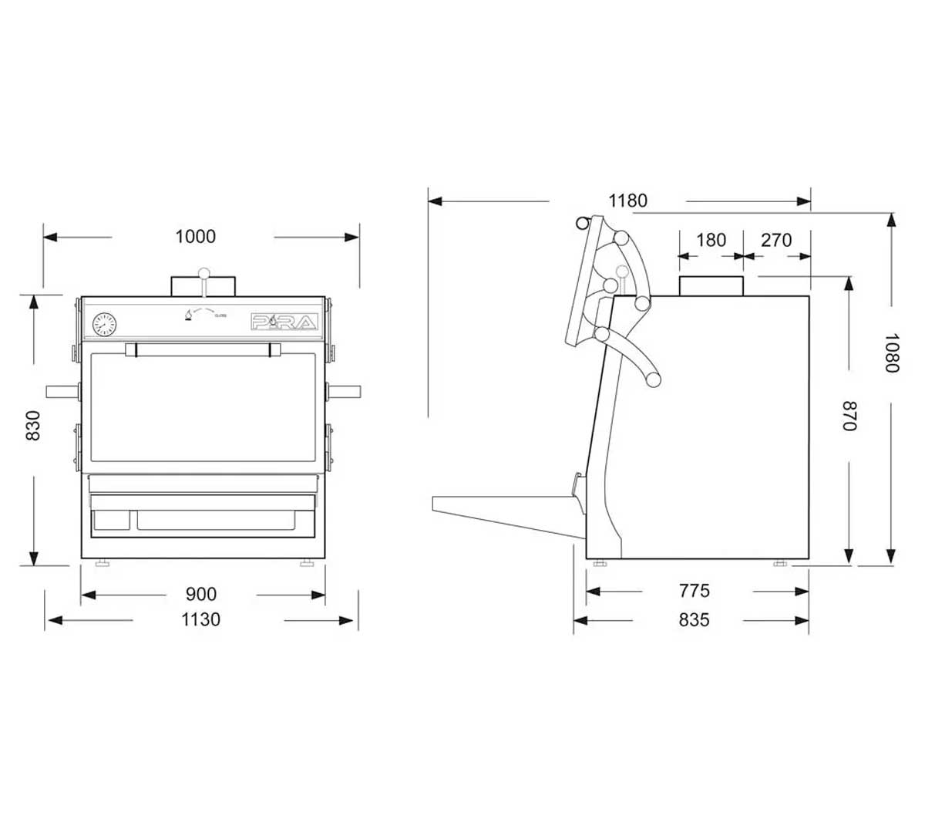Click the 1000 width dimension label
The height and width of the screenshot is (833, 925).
196,237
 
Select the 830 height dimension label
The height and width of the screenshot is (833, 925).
33,425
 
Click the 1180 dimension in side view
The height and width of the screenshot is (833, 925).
627,201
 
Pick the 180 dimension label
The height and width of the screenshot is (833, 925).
711,240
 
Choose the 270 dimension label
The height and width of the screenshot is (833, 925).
776,240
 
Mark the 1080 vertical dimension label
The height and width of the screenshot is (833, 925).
892,352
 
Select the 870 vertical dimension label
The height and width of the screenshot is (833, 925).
849,416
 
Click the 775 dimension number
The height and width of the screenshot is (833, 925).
694,591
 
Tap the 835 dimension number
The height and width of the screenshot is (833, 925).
694,619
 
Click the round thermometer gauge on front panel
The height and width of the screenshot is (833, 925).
103,324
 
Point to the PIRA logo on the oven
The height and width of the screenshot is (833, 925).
284,322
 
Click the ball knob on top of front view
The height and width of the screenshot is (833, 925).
203,272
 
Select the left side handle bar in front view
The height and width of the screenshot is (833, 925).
62,391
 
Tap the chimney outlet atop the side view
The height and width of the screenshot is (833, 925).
711,285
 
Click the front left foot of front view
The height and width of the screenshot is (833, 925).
101,563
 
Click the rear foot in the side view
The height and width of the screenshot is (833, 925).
779,564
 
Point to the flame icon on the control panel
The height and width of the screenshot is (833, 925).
186,315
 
